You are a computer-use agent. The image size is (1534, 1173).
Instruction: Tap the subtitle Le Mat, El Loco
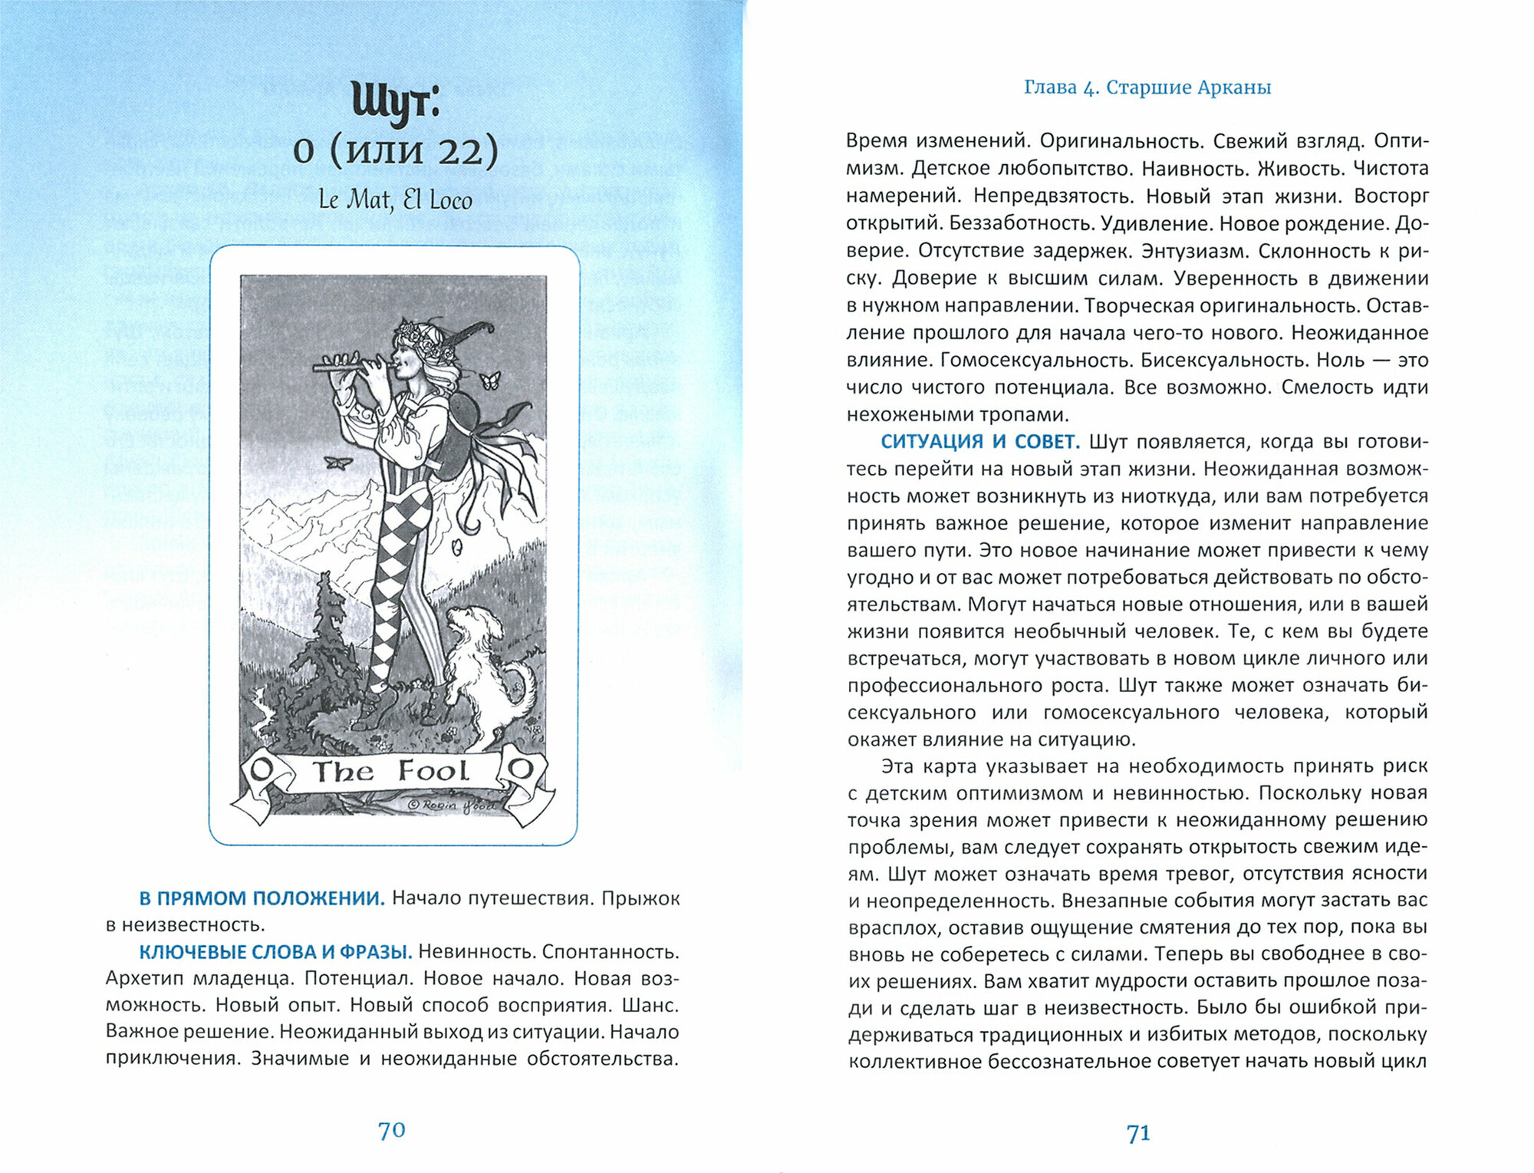coord(395,200)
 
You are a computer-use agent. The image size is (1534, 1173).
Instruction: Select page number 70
coord(391,1130)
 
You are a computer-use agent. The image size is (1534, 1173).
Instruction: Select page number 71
coord(1138,1133)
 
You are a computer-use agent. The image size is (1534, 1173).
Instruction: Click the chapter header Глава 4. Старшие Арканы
coord(1147,87)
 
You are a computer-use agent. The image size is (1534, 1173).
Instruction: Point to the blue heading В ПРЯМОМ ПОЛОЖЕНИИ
coord(262,898)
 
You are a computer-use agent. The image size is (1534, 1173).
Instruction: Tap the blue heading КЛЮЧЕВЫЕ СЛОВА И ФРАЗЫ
coord(275,952)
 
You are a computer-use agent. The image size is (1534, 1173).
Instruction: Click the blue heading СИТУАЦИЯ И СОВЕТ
coord(980,442)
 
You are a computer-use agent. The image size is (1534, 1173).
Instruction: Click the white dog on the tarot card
coord(483,667)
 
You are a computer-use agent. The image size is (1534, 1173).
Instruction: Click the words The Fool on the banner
coord(390,771)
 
